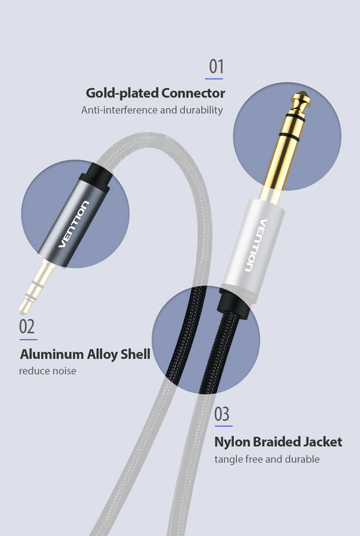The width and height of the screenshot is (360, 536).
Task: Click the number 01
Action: click(x=216, y=66)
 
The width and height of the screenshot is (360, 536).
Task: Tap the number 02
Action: click(x=27, y=326)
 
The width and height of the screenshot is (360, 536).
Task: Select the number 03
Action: click(x=222, y=414)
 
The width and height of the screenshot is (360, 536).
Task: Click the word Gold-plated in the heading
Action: click(x=122, y=94)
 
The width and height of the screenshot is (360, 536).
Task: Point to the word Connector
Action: click(x=193, y=93)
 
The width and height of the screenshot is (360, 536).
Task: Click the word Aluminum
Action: click(x=52, y=354)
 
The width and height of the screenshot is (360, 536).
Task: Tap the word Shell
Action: click(x=136, y=354)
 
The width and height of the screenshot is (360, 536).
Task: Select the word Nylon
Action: click(x=232, y=442)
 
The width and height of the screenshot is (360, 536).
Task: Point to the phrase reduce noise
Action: click(x=48, y=371)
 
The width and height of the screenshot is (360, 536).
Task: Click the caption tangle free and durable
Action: click(x=267, y=459)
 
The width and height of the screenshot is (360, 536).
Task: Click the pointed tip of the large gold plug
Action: click(x=302, y=92)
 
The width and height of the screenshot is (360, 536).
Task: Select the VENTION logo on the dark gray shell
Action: click(x=73, y=224)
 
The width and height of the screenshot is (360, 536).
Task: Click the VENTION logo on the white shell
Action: click(x=256, y=245)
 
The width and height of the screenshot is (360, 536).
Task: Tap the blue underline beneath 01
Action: click(x=214, y=79)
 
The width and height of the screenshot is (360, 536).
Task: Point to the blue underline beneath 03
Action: click(x=223, y=426)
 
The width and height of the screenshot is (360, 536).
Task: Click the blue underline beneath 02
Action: click(x=29, y=339)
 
